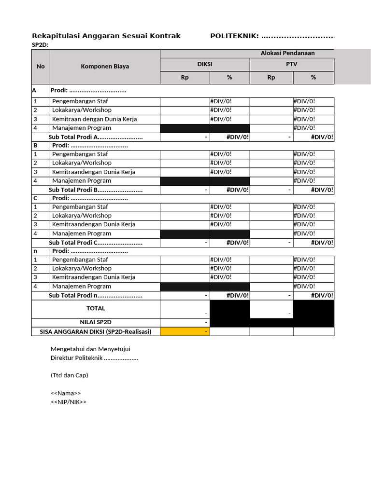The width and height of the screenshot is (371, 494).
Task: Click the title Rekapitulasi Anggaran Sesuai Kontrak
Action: pyautogui.click(x=106, y=36)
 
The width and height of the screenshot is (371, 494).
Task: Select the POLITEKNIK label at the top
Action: pyautogui.click(x=234, y=36)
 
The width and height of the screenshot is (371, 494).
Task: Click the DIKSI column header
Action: pyautogui.click(x=205, y=64)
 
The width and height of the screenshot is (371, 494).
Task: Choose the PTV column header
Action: pyautogui.click(x=291, y=64)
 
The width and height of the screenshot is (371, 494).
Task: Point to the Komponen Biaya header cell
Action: pyautogui.click(x=105, y=67)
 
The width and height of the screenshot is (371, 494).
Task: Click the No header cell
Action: pyautogui.click(x=41, y=67)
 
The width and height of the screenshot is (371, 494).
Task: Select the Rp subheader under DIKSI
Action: pyautogui.click(x=185, y=77)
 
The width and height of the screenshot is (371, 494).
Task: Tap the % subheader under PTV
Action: pyautogui.click(x=313, y=77)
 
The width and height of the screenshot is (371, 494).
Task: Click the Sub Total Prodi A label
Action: pyautogui.click(x=96, y=137)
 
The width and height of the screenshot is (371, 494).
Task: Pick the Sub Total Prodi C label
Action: pyautogui.click(x=96, y=243)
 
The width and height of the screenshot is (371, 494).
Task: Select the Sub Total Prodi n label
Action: pyautogui.click(x=96, y=295)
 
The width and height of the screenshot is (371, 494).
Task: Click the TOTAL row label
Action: pyautogui.click(x=96, y=308)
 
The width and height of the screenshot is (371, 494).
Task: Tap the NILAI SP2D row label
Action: pyautogui.click(x=96, y=322)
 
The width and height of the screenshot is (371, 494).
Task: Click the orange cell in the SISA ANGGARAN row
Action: pyautogui.click(x=185, y=331)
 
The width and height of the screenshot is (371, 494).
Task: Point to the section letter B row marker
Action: pyautogui.click(x=35, y=145)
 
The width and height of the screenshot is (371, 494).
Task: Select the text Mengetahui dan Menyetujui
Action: pyautogui.click(x=90, y=349)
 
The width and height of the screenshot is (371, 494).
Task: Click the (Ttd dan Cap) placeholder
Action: pyautogui.click(x=70, y=375)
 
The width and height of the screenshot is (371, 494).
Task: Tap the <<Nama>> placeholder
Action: pyautogui.click(x=66, y=393)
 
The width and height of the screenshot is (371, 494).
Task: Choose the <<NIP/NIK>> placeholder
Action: pyautogui.click(x=69, y=402)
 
